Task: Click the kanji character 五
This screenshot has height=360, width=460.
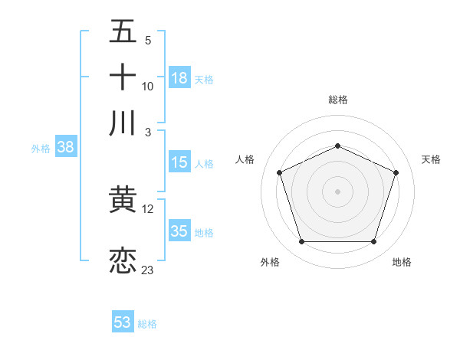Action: click(123, 33)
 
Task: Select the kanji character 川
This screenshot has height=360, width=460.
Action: click(123, 123)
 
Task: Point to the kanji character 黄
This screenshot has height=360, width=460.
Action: click(123, 201)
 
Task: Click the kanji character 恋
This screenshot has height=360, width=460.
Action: click(123, 260)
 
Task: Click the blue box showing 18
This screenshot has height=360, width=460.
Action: click(179, 78)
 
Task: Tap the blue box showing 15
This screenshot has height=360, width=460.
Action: click(179, 162)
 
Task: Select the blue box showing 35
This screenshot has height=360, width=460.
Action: click(179, 231)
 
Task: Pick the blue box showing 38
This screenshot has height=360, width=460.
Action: click(65, 148)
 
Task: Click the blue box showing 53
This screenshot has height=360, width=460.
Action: click(123, 322)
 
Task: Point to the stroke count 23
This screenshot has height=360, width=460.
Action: click(148, 270)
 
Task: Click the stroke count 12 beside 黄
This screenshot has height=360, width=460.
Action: click(148, 209)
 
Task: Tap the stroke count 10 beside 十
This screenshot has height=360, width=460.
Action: click(148, 87)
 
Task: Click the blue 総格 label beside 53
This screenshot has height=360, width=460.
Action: click(147, 324)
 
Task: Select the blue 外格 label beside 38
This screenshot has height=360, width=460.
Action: click(41, 149)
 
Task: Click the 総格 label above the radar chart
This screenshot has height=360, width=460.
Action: click(338, 100)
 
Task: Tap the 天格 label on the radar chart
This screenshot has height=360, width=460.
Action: click(431, 159)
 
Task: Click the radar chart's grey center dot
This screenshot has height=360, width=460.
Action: click(338, 191)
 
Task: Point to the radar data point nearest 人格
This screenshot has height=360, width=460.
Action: click(279, 172)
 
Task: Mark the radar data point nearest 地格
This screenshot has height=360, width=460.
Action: click(374, 242)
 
